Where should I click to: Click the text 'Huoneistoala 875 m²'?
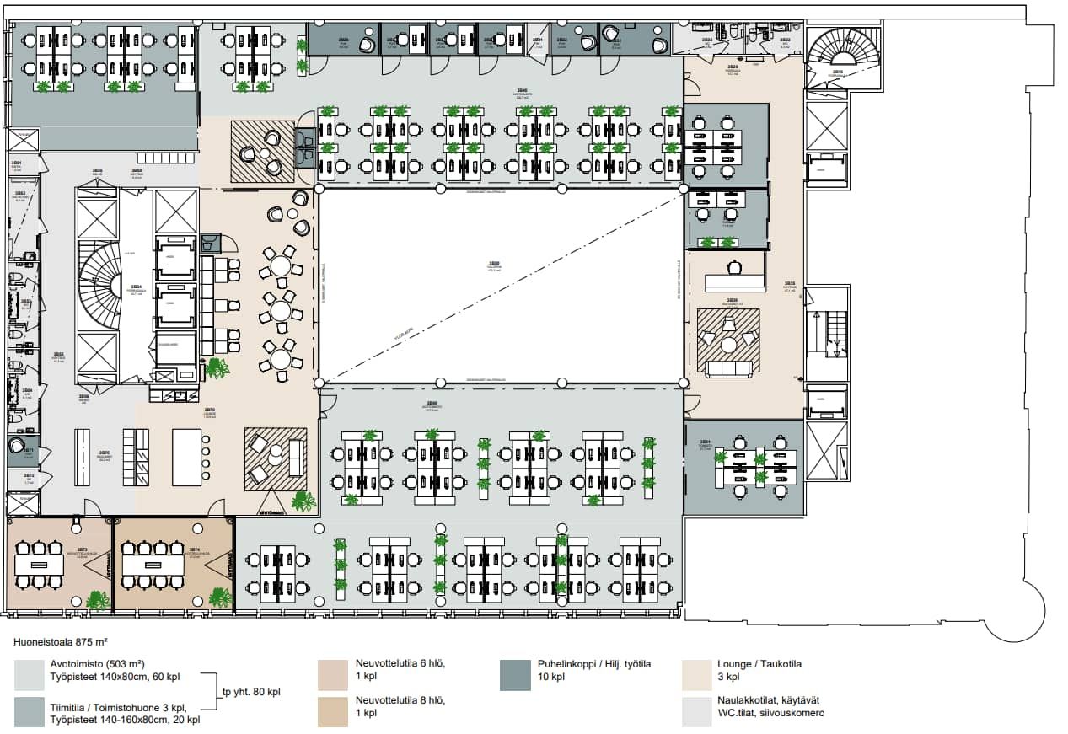(x=61, y=641)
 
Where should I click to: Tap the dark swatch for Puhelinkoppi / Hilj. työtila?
(x=515, y=675)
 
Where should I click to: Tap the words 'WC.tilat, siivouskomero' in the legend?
(x=771, y=713)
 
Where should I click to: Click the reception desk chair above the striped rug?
(x=734, y=267)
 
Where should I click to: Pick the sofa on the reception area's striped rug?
(x=728, y=368)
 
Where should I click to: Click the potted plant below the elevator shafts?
(x=217, y=367)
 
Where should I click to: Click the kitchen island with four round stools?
(x=187, y=455)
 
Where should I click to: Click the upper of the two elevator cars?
(x=176, y=262)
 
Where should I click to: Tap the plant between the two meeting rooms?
(x=98, y=600)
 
